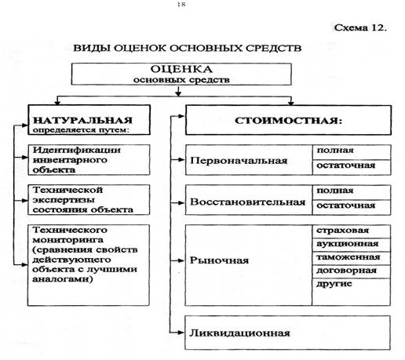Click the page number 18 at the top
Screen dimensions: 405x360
(181, 5)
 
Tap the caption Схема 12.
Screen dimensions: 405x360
(360, 27)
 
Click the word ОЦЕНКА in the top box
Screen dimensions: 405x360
(181, 69)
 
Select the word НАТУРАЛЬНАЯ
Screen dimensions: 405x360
(82, 120)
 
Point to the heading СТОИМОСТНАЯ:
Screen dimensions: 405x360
(288, 121)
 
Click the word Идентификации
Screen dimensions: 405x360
(77, 150)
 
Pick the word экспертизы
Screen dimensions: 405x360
(64, 201)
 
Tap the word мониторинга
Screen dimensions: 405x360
(67, 240)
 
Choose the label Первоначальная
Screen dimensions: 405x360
(239, 160)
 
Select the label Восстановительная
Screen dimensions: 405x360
(247, 202)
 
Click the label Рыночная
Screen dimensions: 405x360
(219, 260)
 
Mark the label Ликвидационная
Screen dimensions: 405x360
(239, 333)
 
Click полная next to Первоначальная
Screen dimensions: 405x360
(335, 151)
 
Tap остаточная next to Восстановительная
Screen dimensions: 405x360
(346, 205)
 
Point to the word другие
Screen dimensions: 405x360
(334, 284)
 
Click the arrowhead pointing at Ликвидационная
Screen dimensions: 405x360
(181, 333)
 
